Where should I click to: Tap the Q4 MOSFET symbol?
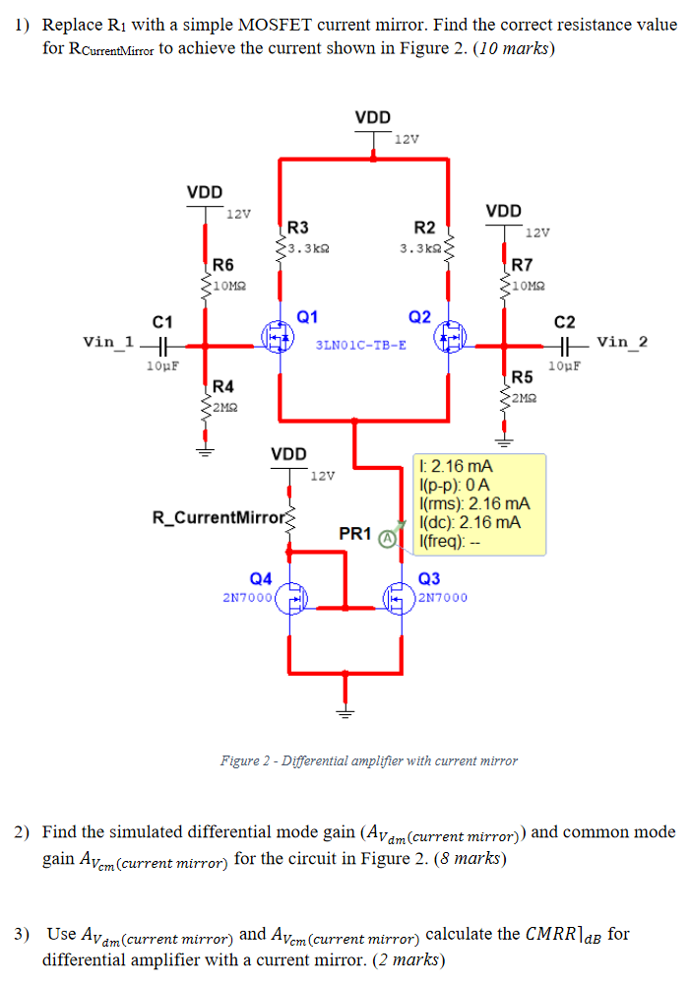click(x=291, y=598)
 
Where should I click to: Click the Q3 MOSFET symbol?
click(x=399, y=598)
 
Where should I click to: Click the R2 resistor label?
click(x=425, y=228)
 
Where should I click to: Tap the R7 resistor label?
click(x=522, y=265)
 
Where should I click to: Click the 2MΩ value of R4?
click(x=223, y=405)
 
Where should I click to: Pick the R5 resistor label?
click(x=522, y=377)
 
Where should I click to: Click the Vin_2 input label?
click(x=622, y=342)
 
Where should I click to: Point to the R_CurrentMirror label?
click(x=216, y=517)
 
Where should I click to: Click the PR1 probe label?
click(x=354, y=534)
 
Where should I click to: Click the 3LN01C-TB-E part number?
click(x=360, y=346)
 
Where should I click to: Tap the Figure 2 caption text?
click(x=369, y=760)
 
